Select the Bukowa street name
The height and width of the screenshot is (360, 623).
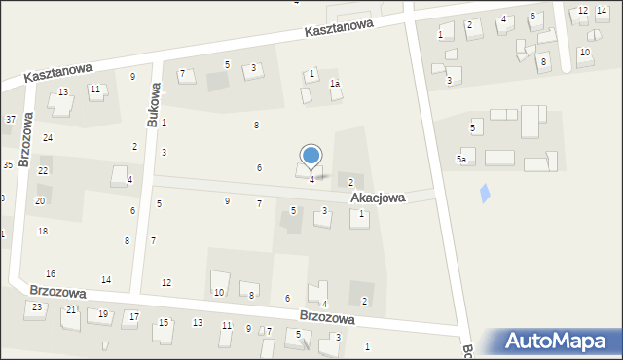tap(153, 104)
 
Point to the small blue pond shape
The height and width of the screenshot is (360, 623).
tap(486, 194)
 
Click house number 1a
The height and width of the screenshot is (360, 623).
tap(334, 84)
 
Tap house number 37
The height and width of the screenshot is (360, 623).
tap(10, 120)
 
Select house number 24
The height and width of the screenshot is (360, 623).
tap(47, 138)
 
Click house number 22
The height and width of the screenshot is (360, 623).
tap(43, 170)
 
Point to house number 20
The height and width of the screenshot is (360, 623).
tap(40, 200)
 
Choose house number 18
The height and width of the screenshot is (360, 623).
tap(42, 231)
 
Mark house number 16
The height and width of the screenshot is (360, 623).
tap(51, 273)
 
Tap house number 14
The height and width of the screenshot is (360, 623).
tap(106, 280)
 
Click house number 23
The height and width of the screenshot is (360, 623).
tap(37, 307)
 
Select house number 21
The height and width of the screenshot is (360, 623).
tap(71, 309)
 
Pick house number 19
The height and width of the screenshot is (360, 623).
tap(103, 313)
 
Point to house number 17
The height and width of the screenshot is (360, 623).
tap(134, 317)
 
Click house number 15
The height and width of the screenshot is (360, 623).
tap(164, 322)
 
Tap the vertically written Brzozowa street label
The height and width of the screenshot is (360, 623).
tap(26, 138)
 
